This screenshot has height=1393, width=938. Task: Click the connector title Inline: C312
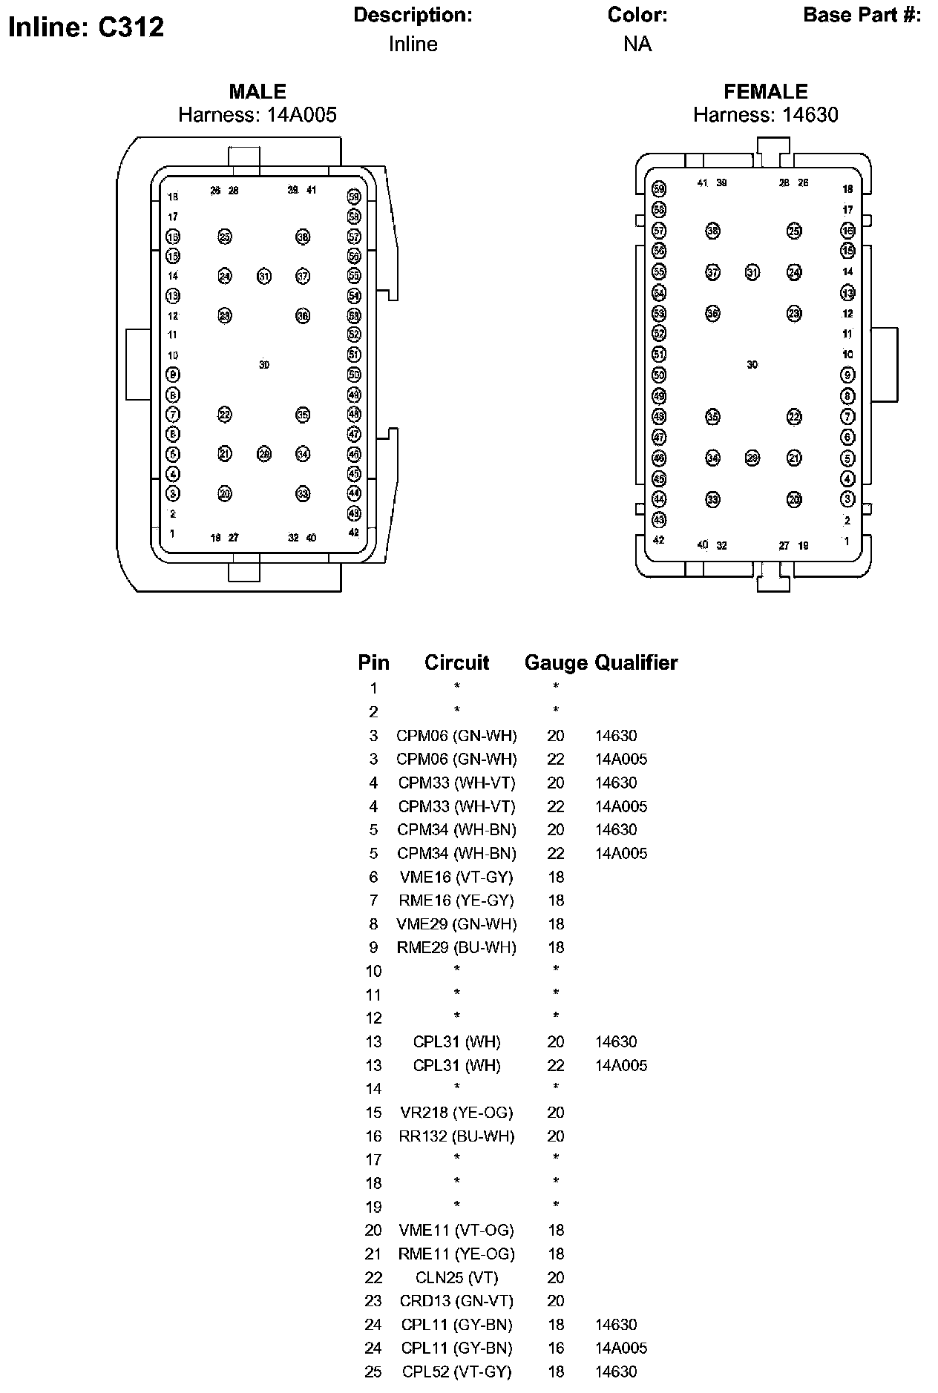(x=85, y=27)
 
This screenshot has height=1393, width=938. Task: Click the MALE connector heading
(x=257, y=91)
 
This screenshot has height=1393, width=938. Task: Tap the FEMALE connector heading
(x=765, y=91)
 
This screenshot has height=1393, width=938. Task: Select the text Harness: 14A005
(x=257, y=115)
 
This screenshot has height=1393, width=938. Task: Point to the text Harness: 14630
(x=765, y=115)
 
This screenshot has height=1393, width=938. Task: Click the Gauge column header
(x=555, y=662)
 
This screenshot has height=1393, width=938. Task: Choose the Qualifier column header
(x=637, y=662)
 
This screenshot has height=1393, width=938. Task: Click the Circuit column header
(x=456, y=662)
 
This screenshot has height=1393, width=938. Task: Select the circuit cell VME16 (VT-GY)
(x=456, y=877)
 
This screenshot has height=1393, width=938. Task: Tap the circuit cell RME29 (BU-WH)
(x=456, y=947)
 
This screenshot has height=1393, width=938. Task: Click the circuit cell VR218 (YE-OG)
(x=456, y=1112)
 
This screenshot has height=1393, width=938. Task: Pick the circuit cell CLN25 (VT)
(x=456, y=1277)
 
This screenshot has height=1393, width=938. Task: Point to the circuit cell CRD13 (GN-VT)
(x=456, y=1300)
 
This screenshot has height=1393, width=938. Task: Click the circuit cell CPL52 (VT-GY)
(x=456, y=1371)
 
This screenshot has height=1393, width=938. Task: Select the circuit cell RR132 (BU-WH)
(x=456, y=1136)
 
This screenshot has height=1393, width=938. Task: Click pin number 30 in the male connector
(x=264, y=365)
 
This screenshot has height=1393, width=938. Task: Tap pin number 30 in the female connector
(x=752, y=365)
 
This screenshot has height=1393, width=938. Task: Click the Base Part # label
(x=862, y=15)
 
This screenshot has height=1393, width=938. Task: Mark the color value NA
(x=637, y=45)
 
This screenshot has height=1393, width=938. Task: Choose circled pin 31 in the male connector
(x=264, y=277)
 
